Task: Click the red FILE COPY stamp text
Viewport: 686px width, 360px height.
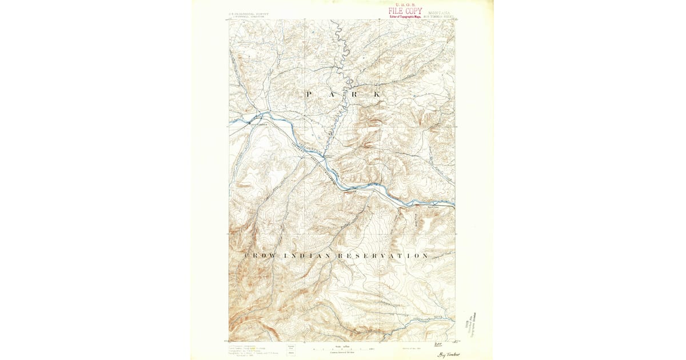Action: pos(405,11)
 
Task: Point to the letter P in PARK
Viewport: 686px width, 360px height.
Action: pos(309,94)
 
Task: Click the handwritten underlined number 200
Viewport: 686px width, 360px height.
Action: pos(438,344)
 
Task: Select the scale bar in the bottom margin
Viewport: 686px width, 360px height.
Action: pos(343,348)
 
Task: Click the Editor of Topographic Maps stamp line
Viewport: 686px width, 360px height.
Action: pos(405,17)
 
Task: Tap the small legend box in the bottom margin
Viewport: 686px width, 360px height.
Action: pos(292,349)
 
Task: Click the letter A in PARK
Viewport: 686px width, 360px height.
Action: pos(332,94)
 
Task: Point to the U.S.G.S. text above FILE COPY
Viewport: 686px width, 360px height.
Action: pos(405,5)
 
